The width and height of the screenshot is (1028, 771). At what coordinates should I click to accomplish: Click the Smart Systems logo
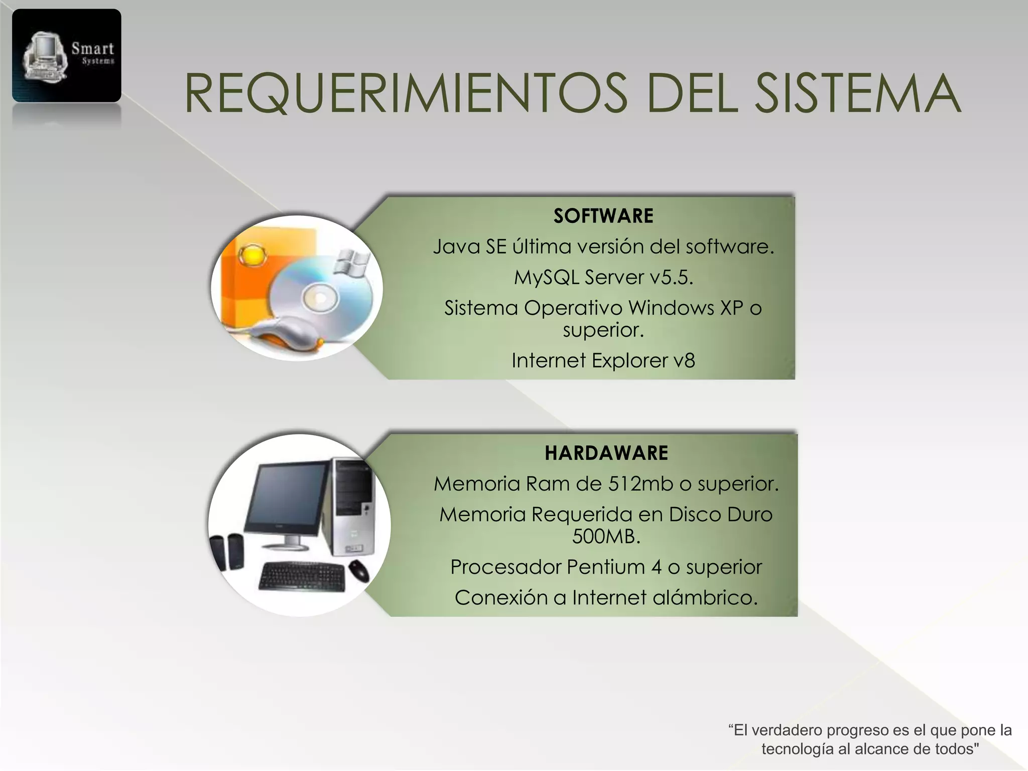tap(67, 56)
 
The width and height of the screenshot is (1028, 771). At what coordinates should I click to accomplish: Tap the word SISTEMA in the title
tap(858, 94)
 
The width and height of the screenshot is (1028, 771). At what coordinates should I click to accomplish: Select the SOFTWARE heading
tap(603, 216)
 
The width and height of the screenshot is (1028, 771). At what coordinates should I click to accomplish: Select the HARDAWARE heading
tap(606, 453)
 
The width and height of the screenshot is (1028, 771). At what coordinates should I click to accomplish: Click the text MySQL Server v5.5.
tap(603, 277)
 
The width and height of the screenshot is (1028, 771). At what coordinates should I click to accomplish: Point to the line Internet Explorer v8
tap(603, 360)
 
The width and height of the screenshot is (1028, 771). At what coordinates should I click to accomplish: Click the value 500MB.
tap(606, 537)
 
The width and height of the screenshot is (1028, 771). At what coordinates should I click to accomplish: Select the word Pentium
tap(606, 567)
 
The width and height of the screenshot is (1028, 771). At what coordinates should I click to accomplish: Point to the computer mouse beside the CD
tap(281, 334)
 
